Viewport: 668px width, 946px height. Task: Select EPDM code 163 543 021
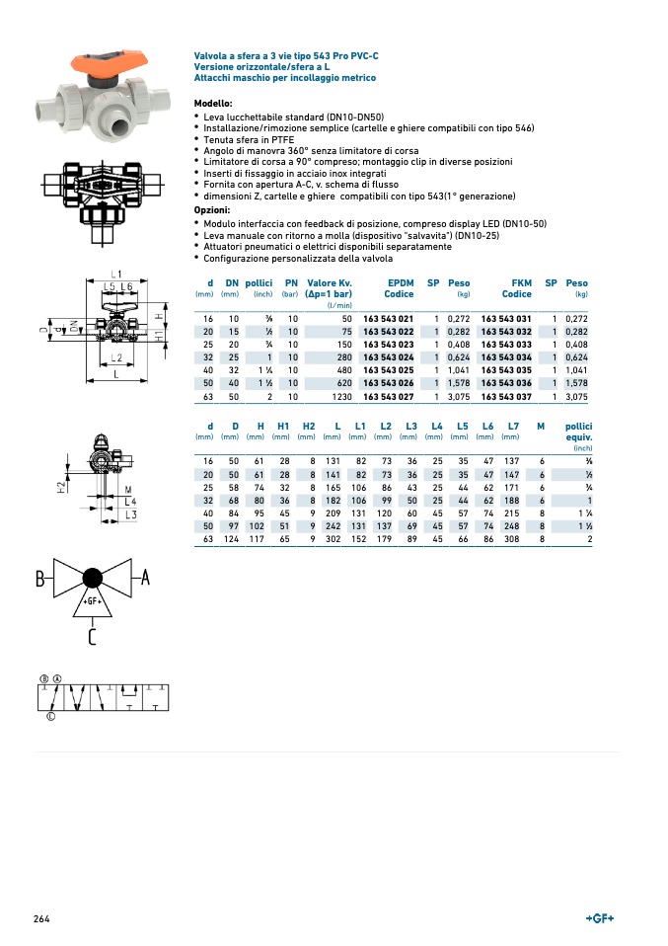(389, 319)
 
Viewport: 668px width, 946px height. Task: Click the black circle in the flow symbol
(92, 578)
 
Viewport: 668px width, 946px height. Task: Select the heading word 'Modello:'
(213, 103)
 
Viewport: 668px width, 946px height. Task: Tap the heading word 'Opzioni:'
(212, 209)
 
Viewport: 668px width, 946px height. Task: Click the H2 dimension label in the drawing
(61, 486)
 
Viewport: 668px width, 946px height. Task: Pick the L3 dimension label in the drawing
(130, 513)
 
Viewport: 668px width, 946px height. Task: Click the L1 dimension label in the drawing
(116, 273)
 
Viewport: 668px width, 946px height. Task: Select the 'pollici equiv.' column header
(578, 431)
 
